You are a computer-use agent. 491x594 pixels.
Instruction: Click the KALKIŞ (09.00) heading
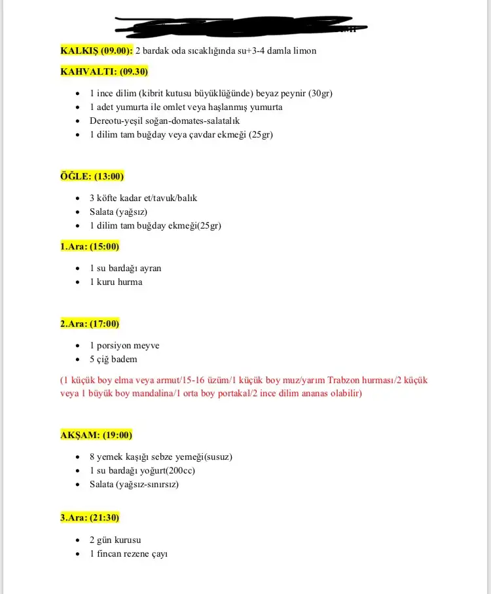click(96, 50)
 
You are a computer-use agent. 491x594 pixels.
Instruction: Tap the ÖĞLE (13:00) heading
click(92, 176)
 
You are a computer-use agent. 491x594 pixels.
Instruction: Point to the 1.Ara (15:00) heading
click(90, 247)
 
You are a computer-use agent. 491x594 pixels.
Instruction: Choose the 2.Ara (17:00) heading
click(90, 324)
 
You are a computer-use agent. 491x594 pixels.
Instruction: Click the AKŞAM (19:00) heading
click(96, 436)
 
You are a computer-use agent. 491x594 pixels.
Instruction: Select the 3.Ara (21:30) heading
click(90, 518)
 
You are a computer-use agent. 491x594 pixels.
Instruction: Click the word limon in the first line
click(304, 50)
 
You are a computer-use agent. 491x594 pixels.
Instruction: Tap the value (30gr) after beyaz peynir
click(320, 93)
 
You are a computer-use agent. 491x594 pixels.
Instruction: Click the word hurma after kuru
click(130, 282)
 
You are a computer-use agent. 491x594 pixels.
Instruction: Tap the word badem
click(124, 360)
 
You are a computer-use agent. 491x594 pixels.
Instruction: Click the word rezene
click(136, 554)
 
